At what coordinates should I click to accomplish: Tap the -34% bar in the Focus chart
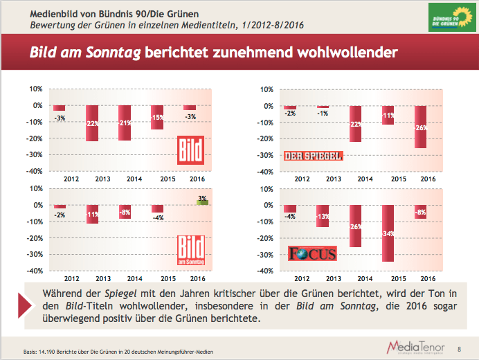[389, 233]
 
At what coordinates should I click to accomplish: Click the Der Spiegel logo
[314, 156]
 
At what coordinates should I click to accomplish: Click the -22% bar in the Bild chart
[92, 123]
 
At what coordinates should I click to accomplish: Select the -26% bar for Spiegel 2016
[421, 127]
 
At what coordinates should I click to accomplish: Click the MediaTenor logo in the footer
[415, 346]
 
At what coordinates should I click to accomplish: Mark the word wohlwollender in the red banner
[342, 53]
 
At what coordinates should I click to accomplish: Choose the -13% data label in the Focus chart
[323, 217]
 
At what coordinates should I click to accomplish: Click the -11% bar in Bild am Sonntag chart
[92, 214]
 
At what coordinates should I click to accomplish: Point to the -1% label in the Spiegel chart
[323, 114]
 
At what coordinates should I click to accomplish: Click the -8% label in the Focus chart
[421, 213]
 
